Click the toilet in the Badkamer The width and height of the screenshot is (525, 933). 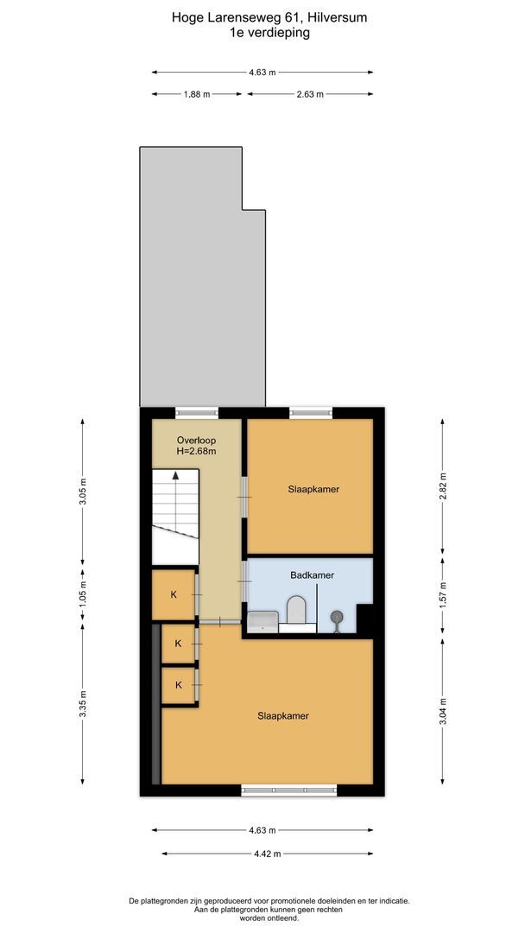[x=296, y=609]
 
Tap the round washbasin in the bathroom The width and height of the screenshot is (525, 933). [x=337, y=617]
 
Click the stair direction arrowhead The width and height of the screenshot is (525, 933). [x=175, y=474]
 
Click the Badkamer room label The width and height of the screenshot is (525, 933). [x=312, y=575]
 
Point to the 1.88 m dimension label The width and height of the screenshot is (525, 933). [x=197, y=94]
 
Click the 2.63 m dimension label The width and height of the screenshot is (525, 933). [x=309, y=94]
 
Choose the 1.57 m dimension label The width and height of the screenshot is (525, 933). [x=443, y=593]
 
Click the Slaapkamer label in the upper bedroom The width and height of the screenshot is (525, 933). [x=313, y=489]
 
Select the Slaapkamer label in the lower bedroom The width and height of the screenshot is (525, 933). [x=283, y=716]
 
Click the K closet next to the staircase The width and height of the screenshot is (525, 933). [x=174, y=594]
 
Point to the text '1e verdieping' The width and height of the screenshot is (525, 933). [x=262, y=33]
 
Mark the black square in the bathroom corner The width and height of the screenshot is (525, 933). [x=364, y=619]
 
